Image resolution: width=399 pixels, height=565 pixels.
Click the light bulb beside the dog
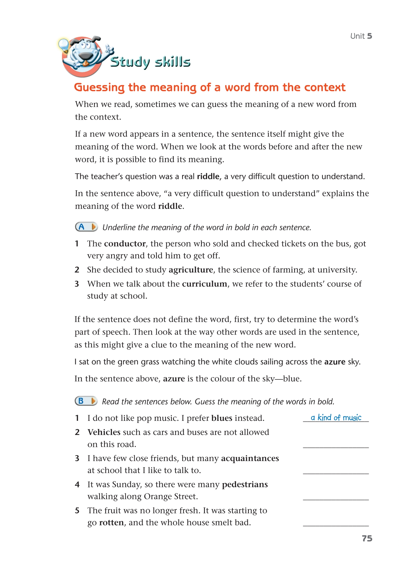pyautogui.click(x=64, y=45)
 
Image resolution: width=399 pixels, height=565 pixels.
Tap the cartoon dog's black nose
pyautogui.click(x=86, y=56)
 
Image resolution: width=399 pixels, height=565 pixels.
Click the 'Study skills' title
pyautogui.click(x=150, y=62)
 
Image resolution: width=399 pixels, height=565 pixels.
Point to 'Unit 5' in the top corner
pyautogui.click(x=361, y=36)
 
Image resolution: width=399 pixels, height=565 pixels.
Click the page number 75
pyautogui.click(x=367, y=538)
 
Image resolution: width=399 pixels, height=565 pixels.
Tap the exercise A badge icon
pyautogui.click(x=86, y=227)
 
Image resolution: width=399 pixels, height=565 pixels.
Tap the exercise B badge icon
pyautogui.click(x=86, y=401)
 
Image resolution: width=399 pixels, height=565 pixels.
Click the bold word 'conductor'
pyautogui.click(x=125, y=244)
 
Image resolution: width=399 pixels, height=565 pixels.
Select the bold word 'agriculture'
pyautogui.click(x=191, y=270)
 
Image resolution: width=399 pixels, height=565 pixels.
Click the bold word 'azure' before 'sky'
pyautogui.click(x=335, y=362)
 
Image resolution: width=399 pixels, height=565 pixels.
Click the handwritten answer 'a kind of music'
pyautogui.click(x=336, y=418)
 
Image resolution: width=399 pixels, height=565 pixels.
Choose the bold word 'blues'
pyautogui.click(x=222, y=418)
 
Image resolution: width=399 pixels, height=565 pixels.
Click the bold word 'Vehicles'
pyautogui.click(x=104, y=432)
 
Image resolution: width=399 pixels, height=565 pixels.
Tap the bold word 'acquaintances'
pyautogui.click(x=250, y=458)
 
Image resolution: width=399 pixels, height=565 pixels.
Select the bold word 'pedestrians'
pyautogui.click(x=245, y=484)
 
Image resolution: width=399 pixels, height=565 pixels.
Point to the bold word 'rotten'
pyautogui.click(x=111, y=522)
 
